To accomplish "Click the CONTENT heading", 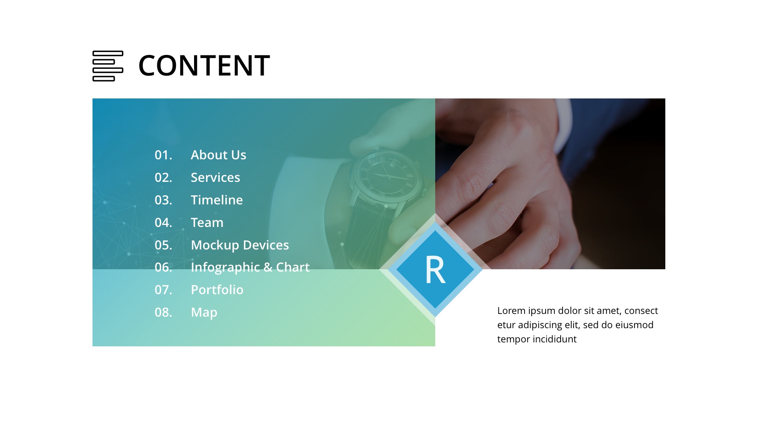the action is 204,66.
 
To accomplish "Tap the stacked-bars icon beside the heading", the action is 108,66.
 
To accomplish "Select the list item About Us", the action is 218,155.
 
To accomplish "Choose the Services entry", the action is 215,178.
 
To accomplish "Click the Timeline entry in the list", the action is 217,200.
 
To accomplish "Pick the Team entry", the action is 207,223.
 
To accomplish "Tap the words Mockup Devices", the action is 240,245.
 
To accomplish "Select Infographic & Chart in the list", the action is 250,268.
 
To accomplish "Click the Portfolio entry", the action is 217,290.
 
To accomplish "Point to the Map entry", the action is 204,312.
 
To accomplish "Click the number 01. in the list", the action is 163,155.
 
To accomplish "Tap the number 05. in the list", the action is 163,245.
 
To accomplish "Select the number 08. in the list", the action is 163,312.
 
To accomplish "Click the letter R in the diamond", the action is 435,270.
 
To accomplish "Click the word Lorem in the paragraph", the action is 512,311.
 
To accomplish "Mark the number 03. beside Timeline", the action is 163,200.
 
